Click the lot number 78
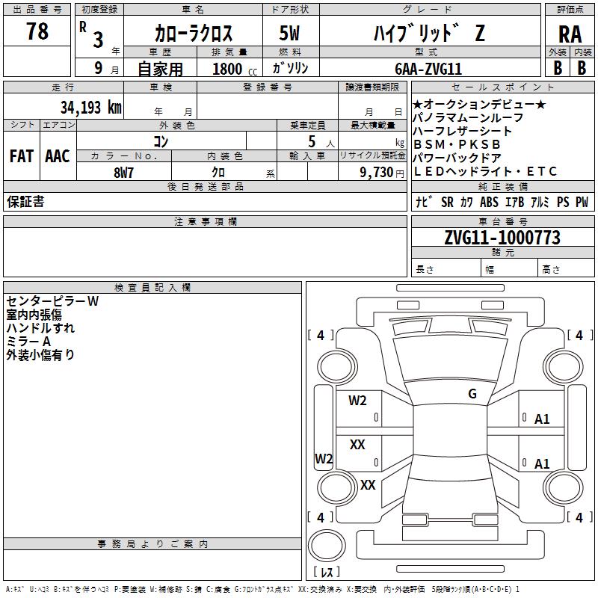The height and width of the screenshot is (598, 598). (37, 31)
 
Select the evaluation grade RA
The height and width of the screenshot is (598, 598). (570, 34)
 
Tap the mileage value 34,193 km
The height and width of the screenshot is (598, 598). (91, 107)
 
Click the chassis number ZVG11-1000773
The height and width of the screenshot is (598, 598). (502, 238)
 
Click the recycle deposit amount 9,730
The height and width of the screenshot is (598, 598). (375, 173)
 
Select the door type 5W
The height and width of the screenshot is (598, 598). (292, 32)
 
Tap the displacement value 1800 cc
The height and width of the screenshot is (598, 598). (232, 69)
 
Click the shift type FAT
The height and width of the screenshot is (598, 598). (21, 156)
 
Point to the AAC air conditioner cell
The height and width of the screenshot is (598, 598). (58, 156)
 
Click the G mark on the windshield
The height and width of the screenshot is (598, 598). (472, 394)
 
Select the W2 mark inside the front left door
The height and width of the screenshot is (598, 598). (357, 401)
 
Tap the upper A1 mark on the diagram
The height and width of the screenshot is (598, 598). (542, 419)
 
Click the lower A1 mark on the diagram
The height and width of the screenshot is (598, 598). (542, 464)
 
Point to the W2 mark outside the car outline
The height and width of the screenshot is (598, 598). (323, 459)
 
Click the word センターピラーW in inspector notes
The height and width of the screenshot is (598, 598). (53, 301)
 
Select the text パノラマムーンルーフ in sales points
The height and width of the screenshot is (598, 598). (468, 117)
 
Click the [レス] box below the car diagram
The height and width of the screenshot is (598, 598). (327, 573)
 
